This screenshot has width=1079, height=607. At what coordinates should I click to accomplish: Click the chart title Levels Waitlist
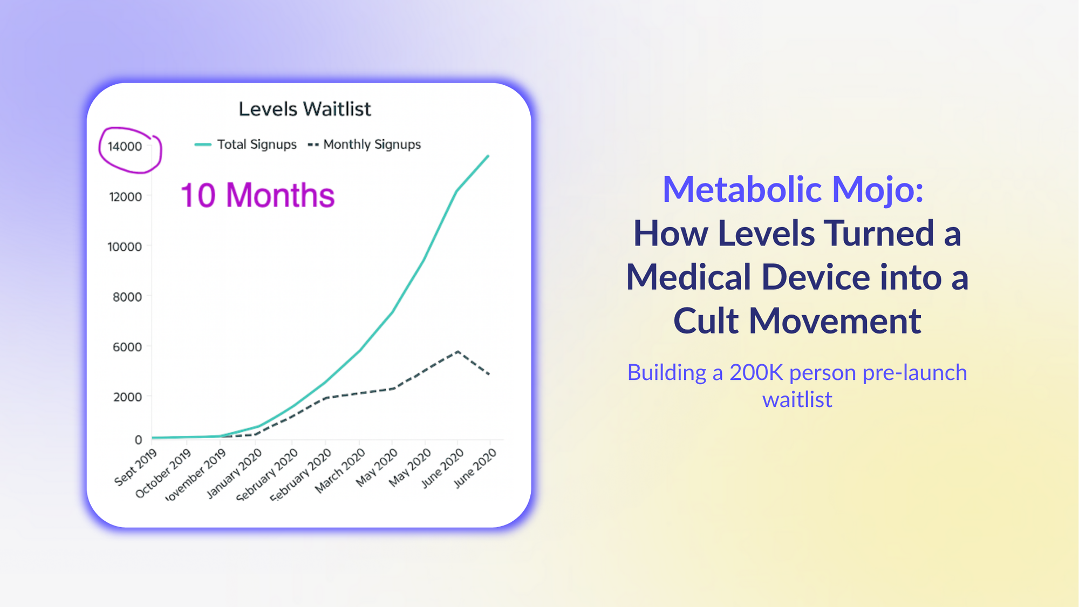305,109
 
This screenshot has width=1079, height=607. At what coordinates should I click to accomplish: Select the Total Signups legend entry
246,145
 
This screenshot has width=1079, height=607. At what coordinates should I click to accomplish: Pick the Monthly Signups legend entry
365,145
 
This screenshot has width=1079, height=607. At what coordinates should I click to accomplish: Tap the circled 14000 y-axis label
125,147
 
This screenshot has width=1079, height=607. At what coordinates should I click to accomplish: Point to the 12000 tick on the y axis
125,197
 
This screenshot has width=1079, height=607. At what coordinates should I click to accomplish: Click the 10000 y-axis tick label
125,247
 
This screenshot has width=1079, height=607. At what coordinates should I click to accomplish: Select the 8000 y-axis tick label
127,297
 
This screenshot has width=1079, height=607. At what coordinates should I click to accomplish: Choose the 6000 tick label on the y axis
127,347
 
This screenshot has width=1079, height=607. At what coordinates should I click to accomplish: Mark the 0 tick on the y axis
138,440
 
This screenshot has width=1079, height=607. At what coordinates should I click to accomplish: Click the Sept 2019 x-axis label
135,467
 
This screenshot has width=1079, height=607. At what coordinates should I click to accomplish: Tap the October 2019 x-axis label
163,474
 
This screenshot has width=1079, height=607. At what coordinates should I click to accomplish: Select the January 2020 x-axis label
234,474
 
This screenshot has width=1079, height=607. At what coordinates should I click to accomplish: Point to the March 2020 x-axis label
340,472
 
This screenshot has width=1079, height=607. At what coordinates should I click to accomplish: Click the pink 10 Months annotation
257,195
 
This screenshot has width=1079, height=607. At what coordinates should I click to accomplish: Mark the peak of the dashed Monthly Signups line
457,351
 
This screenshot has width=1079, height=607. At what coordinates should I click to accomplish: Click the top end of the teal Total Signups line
488,156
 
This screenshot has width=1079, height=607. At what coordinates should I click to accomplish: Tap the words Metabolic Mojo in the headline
793,189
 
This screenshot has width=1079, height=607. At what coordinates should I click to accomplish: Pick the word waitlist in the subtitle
797,400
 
